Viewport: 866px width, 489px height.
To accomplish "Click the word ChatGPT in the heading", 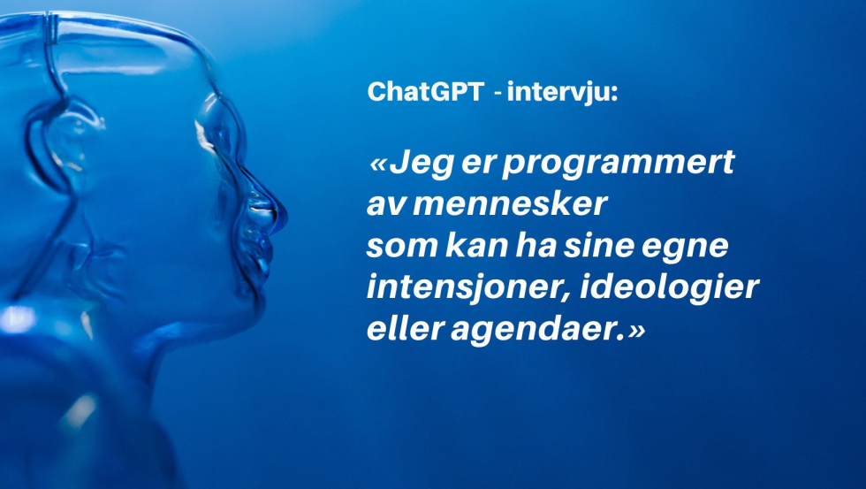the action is (426, 91).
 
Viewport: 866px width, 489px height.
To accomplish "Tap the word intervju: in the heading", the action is (562, 91).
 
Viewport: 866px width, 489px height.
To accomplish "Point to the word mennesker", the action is (510, 204).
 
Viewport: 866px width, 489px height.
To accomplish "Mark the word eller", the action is (406, 329).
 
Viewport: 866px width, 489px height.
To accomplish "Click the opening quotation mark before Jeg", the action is (378, 165).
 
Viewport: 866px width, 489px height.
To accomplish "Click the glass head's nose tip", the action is (283, 214).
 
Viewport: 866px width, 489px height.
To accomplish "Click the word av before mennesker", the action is (385, 205).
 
